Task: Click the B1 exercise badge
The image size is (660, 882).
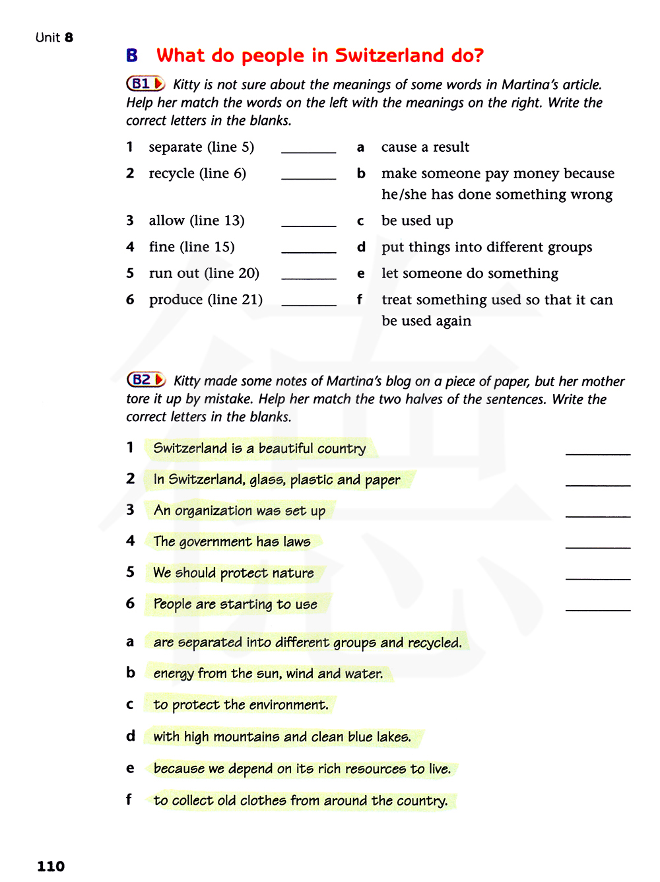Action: click(x=145, y=84)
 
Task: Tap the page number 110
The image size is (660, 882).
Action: click(x=51, y=866)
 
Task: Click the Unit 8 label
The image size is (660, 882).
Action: click(x=54, y=38)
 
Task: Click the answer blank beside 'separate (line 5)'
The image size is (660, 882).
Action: click(x=308, y=148)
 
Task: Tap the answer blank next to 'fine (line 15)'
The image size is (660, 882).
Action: click(x=308, y=248)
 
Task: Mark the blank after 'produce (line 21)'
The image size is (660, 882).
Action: click(x=308, y=300)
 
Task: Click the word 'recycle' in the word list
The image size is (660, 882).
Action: click(x=172, y=174)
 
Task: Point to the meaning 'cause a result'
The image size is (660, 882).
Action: click(x=425, y=147)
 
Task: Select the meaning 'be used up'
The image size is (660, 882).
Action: click(x=417, y=220)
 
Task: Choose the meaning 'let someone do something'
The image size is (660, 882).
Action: click(x=469, y=273)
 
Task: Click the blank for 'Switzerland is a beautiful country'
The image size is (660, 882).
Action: click(x=597, y=449)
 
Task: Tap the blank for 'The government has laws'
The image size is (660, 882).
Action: click(x=597, y=542)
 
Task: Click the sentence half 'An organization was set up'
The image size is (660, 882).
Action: click(x=239, y=510)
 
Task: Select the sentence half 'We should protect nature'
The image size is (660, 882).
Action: click(x=233, y=573)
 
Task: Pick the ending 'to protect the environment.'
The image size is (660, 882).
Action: click(x=240, y=705)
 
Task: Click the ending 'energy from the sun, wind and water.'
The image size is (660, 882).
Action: click(x=267, y=673)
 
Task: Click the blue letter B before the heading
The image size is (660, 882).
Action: click(x=132, y=56)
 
